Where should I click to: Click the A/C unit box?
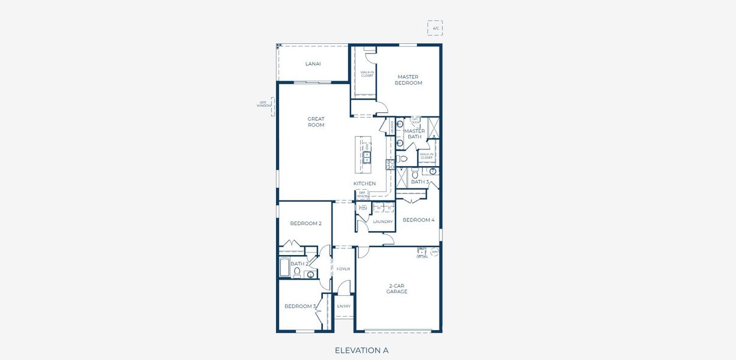coord(435,28)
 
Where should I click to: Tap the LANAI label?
coord(312,63)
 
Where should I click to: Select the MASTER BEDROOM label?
coord(408,80)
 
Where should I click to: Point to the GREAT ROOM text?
coord(316,122)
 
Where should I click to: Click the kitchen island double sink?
coord(366,158)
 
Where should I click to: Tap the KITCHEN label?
coord(364,184)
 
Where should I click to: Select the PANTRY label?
coord(391,127)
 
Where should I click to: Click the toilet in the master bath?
coord(403,159)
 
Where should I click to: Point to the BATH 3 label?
coord(420,182)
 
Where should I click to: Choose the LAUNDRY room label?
coord(382,221)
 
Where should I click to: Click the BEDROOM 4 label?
coord(418,220)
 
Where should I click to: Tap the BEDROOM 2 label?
coord(306,223)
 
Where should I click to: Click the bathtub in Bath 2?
coord(285,268)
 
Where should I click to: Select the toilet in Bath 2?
coord(297,272)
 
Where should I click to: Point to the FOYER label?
coord(343,269)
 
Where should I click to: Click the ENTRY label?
coord(343,306)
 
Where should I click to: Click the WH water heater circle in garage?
coord(435,253)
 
